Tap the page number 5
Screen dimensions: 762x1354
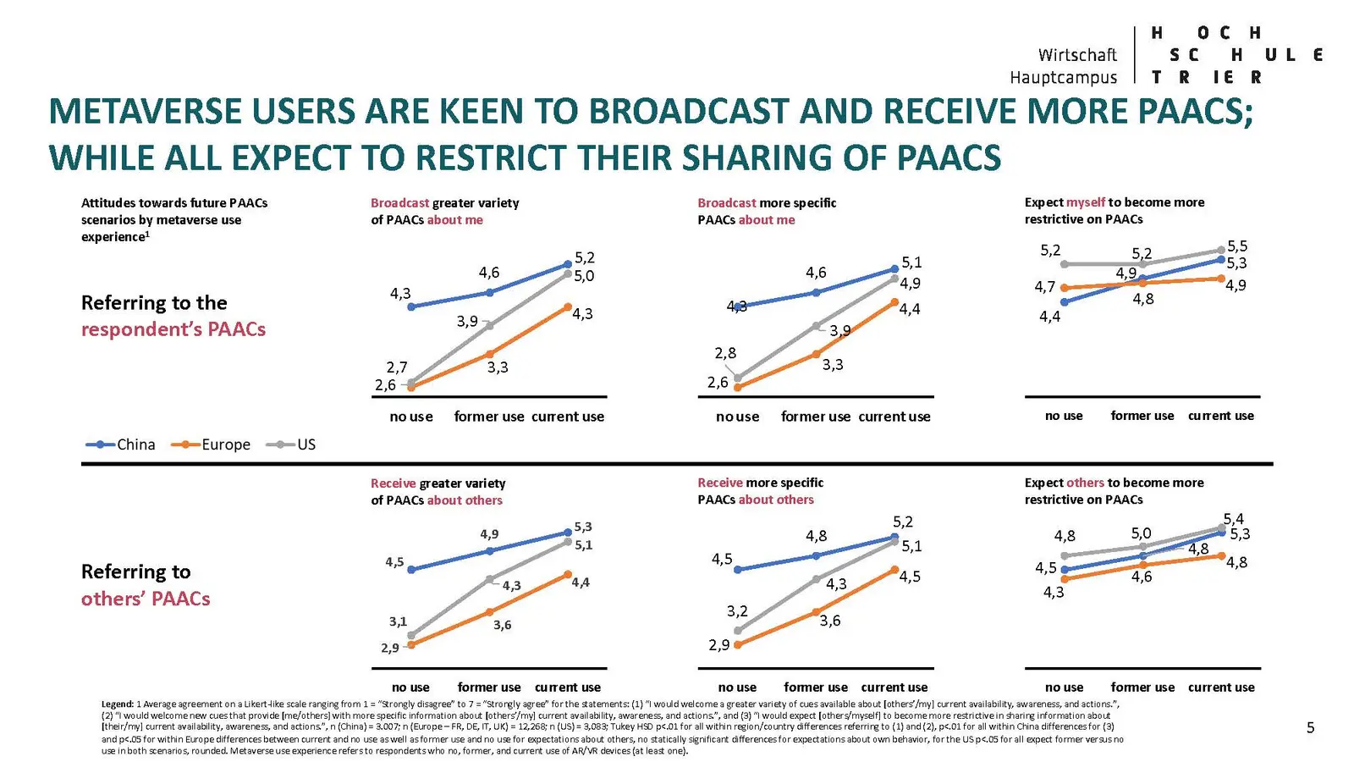1310,727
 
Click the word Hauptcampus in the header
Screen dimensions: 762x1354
1063,78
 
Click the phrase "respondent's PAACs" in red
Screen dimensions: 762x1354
173,329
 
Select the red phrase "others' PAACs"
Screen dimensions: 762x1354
146,599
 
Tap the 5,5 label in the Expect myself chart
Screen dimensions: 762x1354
1236,246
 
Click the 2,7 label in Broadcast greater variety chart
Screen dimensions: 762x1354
397,367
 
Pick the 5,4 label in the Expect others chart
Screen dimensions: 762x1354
1233,519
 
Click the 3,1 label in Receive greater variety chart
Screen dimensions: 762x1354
398,621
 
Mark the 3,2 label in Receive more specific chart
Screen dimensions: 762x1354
737,611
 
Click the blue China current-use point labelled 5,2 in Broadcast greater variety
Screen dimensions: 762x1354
568,265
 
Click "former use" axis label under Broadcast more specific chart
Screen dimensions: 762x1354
815,417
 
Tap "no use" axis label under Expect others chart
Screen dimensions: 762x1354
1064,687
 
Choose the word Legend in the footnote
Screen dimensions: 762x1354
117,704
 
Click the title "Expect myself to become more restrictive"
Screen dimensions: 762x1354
1114,211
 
